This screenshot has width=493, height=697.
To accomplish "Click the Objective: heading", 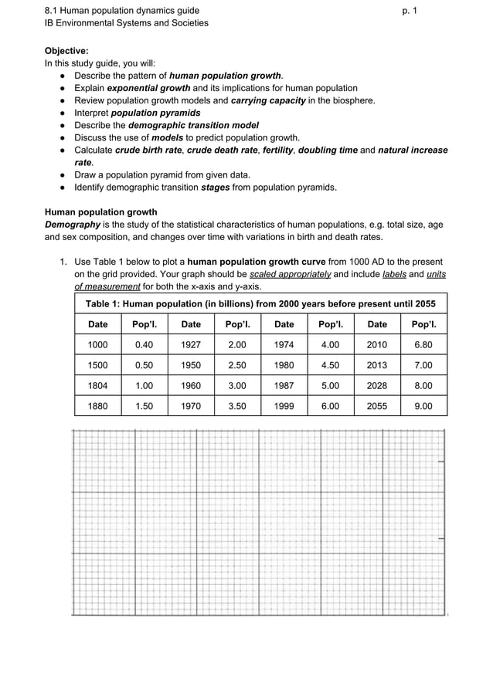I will (66, 50).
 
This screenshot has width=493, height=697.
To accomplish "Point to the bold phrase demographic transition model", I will (193, 125).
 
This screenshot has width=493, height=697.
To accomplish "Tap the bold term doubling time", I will (328, 150).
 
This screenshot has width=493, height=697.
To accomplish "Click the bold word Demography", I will (73, 225).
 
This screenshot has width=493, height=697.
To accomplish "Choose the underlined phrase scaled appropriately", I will (291, 274).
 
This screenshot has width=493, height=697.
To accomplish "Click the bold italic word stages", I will (215, 187).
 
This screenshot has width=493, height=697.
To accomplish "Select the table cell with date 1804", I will (98, 385).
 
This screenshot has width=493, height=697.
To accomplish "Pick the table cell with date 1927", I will (191, 345).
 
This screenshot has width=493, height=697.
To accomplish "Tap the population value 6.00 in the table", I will (330, 405).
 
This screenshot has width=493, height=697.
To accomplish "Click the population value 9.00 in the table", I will (423, 405).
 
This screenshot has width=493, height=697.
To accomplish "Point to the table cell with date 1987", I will (284, 385).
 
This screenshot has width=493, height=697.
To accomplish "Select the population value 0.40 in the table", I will (144, 345).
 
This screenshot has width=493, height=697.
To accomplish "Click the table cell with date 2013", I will (377, 365).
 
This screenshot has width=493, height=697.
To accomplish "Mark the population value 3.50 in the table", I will (237, 405).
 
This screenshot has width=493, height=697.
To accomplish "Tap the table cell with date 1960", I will (191, 385).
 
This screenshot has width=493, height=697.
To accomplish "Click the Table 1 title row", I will (260, 303).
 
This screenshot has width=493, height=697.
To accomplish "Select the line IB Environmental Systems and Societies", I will (126, 23).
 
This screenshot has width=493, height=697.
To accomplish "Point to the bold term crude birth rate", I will (148, 150).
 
